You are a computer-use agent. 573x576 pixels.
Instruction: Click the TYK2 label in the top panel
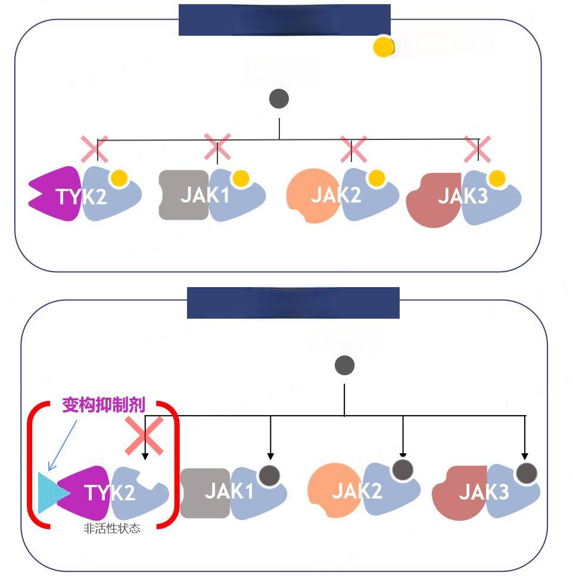(82, 196)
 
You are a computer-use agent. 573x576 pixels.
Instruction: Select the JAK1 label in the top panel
(204, 195)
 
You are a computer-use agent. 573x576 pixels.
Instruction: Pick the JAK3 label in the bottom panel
(484, 492)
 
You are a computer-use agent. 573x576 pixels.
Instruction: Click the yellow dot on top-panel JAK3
(497, 178)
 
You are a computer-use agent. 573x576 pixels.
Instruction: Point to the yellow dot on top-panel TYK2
(119, 178)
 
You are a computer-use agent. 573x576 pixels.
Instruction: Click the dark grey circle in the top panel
(279, 99)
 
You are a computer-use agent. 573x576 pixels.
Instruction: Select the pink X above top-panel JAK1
(217, 147)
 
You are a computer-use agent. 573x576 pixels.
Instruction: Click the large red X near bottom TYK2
(144, 435)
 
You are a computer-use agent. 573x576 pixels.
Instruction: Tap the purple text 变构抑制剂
(104, 406)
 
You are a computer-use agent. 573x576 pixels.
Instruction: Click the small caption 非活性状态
(112, 528)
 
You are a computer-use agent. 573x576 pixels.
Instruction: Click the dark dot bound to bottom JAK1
(270, 475)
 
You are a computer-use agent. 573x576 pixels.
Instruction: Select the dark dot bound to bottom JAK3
(527, 474)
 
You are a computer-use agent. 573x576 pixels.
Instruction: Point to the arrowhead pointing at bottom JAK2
(403, 454)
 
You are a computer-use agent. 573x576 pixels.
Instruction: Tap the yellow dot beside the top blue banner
(383, 47)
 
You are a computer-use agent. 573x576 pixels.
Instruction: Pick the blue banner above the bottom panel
(293, 303)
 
